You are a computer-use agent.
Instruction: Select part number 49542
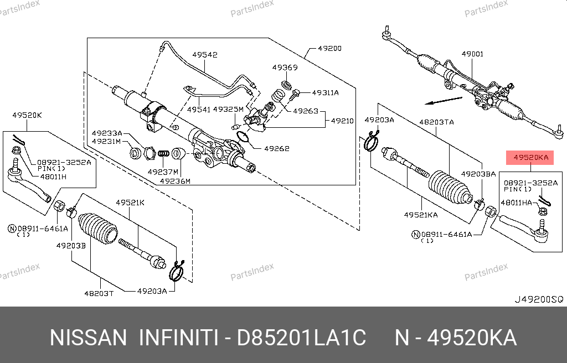click(x=205, y=55)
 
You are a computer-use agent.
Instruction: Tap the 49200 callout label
click(x=329, y=48)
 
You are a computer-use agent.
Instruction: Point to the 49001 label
click(x=472, y=54)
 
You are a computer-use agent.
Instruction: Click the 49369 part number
click(x=285, y=68)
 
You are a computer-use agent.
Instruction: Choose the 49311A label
click(x=325, y=92)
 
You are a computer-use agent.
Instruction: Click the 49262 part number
click(x=277, y=148)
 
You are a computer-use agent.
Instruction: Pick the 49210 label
click(x=343, y=120)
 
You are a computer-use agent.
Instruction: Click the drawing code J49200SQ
click(x=539, y=299)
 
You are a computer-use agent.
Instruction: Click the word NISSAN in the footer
click(x=89, y=337)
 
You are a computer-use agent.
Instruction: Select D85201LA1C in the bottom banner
click(x=302, y=337)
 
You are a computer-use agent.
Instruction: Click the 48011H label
click(x=53, y=177)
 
